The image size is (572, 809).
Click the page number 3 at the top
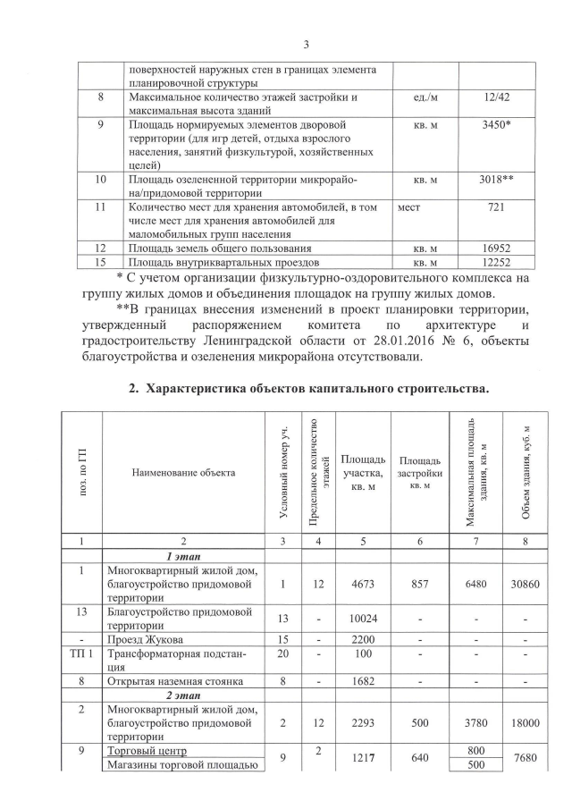pos(305,45)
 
